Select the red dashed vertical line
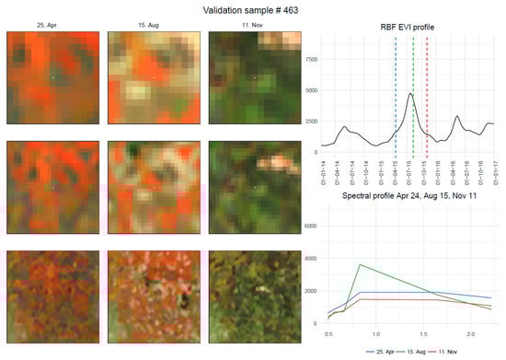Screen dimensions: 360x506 (x=427, y=92)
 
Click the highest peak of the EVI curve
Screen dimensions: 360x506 (x=411, y=94)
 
